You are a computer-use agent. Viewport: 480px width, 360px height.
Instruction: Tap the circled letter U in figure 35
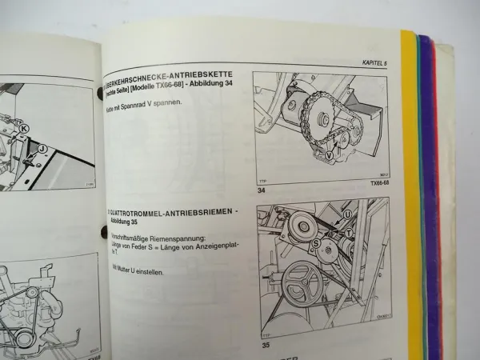pos(347,214)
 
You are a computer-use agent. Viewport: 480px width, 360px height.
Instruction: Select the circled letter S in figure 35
pos(317,242)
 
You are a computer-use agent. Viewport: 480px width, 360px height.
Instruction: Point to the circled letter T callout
pos(349,234)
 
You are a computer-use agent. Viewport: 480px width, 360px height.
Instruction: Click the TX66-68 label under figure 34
pos(372,182)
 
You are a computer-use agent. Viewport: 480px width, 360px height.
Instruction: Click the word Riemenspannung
pos(181,239)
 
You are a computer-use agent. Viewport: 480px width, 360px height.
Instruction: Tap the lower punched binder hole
pos(102,233)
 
